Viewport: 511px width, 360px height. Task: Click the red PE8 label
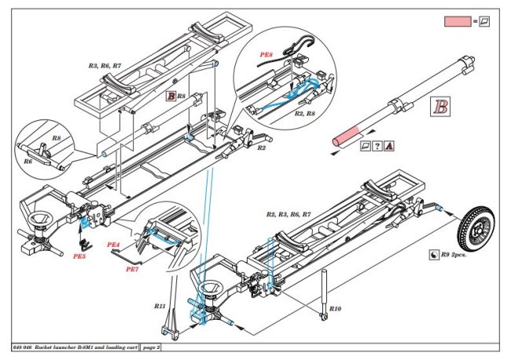[267, 55]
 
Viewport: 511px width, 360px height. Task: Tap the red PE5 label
[79, 255]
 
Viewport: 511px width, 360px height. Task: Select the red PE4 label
[112, 244]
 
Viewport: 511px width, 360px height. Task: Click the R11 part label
[160, 305]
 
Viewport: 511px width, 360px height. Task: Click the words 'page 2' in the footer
[148, 347]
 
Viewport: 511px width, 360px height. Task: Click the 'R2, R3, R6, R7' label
[289, 214]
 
